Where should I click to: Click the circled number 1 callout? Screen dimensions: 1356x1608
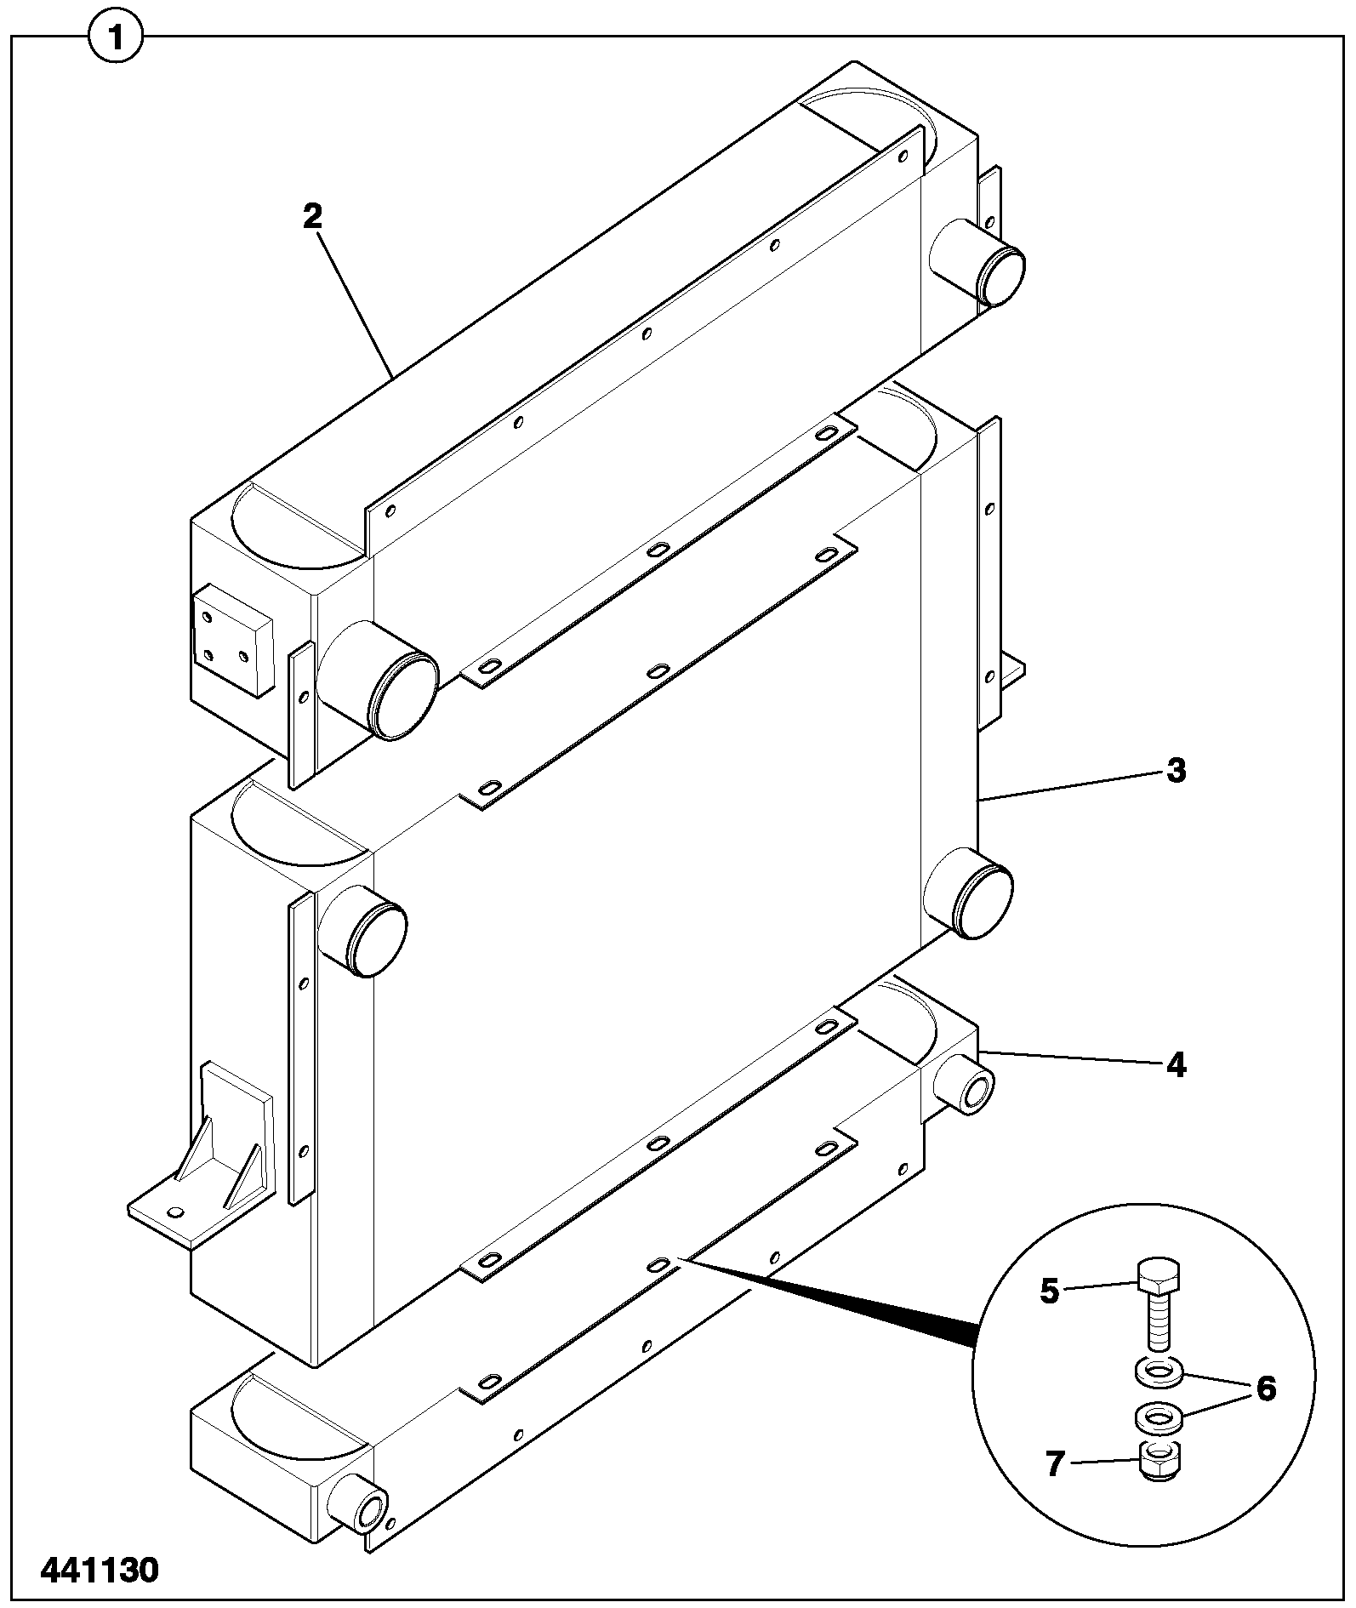pyautogui.click(x=116, y=37)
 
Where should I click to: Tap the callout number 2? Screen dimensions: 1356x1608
pyautogui.click(x=312, y=216)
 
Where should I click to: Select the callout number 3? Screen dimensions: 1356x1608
pyautogui.click(x=1175, y=771)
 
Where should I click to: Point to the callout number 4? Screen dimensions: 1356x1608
pyautogui.click(x=1176, y=1064)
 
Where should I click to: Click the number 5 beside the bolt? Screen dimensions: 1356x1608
pyautogui.click(x=1049, y=1292)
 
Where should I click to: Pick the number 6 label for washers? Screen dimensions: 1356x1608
pyautogui.click(x=1266, y=1389)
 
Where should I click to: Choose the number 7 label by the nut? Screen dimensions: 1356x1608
pyautogui.click(x=1055, y=1464)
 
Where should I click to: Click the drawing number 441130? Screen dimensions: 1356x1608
pyautogui.click(x=100, y=1570)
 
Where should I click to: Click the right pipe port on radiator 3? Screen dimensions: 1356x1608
pyautogui.click(x=968, y=893)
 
